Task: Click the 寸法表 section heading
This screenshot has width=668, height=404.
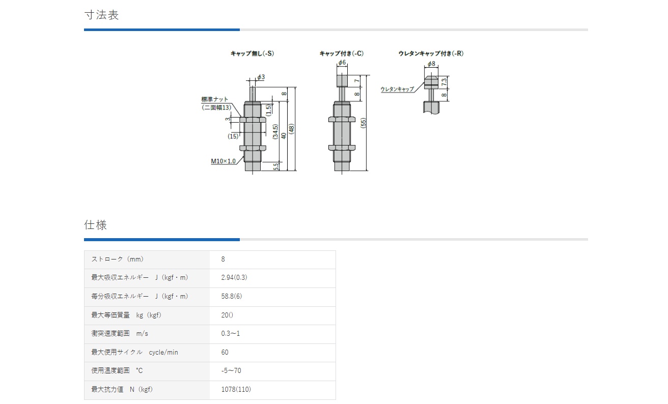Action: pos(101,15)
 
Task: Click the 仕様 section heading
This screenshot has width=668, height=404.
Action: pos(96,225)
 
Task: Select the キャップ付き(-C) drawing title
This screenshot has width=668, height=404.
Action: pos(341,53)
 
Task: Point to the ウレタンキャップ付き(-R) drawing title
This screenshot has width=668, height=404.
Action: pos(431,53)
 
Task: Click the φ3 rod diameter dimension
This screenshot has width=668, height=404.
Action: pos(261,77)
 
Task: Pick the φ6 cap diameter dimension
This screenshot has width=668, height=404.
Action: pos(342,63)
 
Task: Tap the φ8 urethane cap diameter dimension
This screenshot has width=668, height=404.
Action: pos(431,64)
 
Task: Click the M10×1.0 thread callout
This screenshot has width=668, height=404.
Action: pos(224,161)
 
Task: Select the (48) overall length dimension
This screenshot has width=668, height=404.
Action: pos(292,129)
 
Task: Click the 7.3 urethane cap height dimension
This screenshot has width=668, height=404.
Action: pos(444,81)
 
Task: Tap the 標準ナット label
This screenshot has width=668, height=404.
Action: pos(215,99)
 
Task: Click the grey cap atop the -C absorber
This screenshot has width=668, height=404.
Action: pos(342,81)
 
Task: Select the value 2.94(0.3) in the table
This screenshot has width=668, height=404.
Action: pos(234,278)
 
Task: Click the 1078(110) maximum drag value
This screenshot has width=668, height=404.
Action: pos(236,390)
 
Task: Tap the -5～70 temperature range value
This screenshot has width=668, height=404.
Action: pos(231,371)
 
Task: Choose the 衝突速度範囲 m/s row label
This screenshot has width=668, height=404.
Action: pos(119,334)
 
